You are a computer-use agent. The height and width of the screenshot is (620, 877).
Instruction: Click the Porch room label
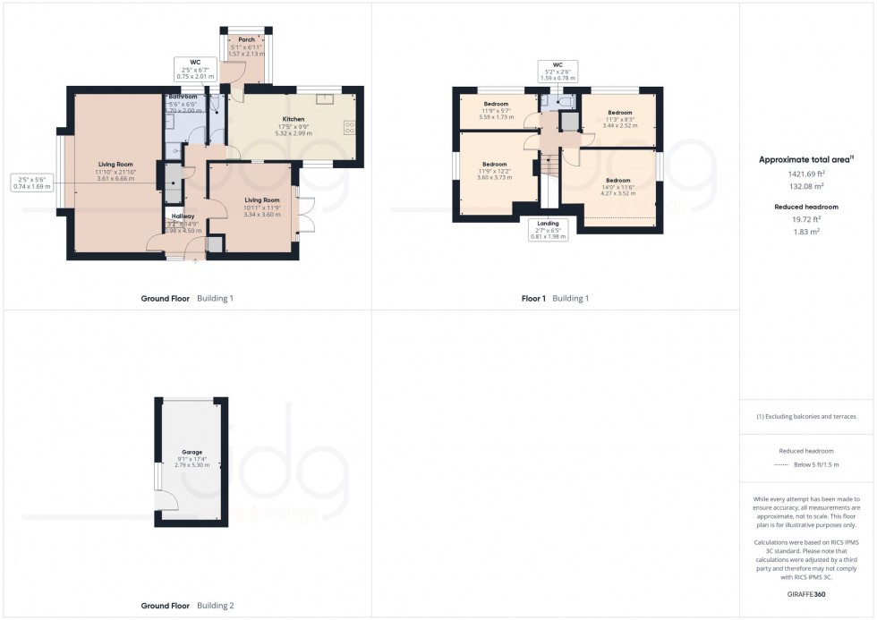246,39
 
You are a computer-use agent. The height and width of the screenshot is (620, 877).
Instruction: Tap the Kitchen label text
294,119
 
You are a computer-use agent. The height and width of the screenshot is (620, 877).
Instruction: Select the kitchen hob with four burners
349,128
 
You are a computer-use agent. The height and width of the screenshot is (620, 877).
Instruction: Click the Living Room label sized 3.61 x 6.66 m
116,165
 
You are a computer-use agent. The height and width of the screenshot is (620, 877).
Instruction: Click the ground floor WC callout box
193,69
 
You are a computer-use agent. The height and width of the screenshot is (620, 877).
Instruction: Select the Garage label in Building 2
192,452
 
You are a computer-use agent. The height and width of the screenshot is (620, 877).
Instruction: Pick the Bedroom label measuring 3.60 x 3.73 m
495,165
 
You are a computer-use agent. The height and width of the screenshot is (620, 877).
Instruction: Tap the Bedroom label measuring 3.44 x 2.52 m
620,113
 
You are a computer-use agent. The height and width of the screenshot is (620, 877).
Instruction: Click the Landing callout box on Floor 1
547,230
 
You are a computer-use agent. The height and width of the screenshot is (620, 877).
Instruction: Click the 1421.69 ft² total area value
808,175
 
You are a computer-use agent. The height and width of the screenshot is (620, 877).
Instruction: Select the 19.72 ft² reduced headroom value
808,218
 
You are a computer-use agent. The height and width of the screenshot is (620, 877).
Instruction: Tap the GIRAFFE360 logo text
808,594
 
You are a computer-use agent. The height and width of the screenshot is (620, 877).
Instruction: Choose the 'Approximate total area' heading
806,160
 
